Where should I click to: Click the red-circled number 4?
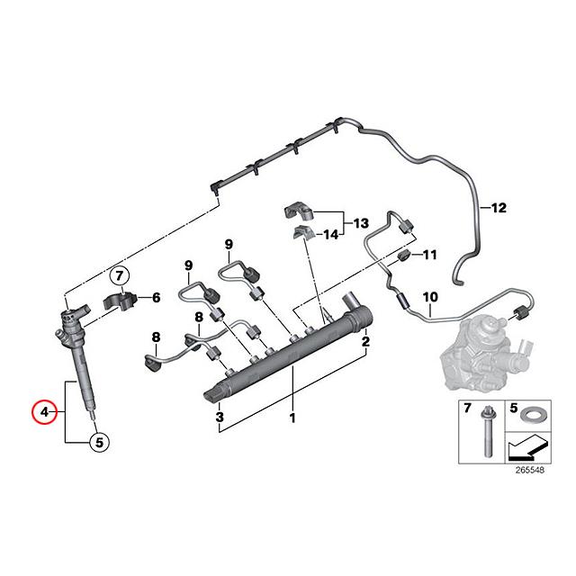click(x=41, y=413)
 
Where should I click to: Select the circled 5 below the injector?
click(x=100, y=442)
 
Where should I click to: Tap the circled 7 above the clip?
click(x=121, y=275)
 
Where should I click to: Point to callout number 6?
click(x=156, y=297)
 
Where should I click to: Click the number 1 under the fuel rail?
click(x=292, y=419)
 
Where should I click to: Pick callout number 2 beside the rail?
click(x=365, y=342)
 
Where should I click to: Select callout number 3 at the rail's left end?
click(x=220, y=419)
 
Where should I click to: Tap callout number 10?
click(x=429, y=297)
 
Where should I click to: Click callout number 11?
click(x=429, y=255)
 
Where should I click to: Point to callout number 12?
click(x=499, y=208)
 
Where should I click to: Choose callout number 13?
click(x=360, y=222)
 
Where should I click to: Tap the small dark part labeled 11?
click(x=404, y=258)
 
